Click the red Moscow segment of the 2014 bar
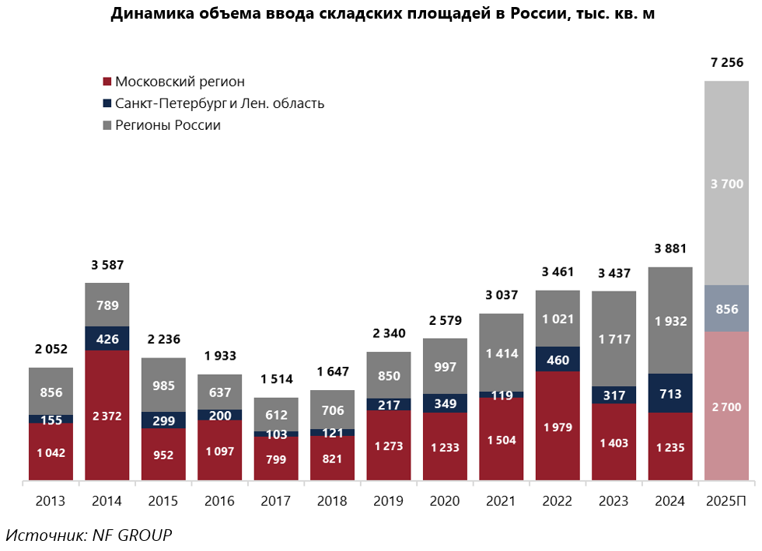(x=107, y=415)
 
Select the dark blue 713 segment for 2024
(x=670, y=393)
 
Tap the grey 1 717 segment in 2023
(x=613, y=339)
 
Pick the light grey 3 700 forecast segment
(x=726, y=183)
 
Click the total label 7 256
(x=727, y=63)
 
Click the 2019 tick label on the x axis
(x=389, y=501)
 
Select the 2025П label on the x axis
(x=727, y=501)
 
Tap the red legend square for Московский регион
(x=107, y=82)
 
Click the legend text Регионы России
(x=167, y=125)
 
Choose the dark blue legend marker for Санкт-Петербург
(x=107, y=103)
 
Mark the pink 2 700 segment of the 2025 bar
(x=726, y=406)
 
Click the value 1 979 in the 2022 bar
(x=558, y=427)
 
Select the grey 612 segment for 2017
(x=276, y=414)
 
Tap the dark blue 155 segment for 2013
(x=51, y=419)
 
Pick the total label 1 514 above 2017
(x=276, y=378)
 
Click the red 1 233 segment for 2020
(x=445, y=446)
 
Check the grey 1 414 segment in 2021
(x=502, y=353)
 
